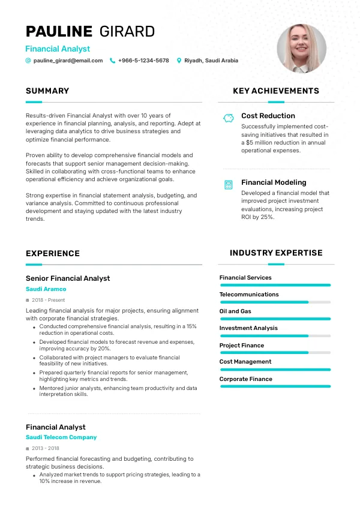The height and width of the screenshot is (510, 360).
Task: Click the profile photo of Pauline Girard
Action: coord(301,49)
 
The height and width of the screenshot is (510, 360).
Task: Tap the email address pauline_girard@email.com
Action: coord(68,61)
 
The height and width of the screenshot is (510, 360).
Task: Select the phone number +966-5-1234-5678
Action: coord(143,61)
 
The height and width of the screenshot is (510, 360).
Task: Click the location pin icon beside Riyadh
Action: coord(179,61)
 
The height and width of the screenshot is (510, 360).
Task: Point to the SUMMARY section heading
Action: coord(47,91)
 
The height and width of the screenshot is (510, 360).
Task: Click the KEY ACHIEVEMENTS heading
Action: coord(276,91)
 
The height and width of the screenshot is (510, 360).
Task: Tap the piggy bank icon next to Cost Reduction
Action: coord(228,118)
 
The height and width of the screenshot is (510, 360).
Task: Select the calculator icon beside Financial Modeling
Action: coord(228,185)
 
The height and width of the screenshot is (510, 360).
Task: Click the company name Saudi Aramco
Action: coord(46,289)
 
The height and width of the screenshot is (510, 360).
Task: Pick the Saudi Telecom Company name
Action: coord(61,437)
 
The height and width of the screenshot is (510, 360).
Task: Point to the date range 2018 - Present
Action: coord(49,299)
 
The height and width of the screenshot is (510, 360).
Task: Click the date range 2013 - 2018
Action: coord(46,448)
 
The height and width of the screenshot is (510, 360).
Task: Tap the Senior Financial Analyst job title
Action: coord(68,278)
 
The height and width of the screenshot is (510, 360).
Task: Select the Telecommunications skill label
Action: coord(249,295)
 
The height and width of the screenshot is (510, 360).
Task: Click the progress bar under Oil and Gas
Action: coord(275,319)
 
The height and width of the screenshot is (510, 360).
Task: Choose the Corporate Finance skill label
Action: coord(246,379)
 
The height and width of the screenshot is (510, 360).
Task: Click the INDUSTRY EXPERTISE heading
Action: coord(276,253)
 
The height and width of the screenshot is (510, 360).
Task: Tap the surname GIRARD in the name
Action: coord(127,31)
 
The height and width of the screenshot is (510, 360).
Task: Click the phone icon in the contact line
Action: coord(112,61)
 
